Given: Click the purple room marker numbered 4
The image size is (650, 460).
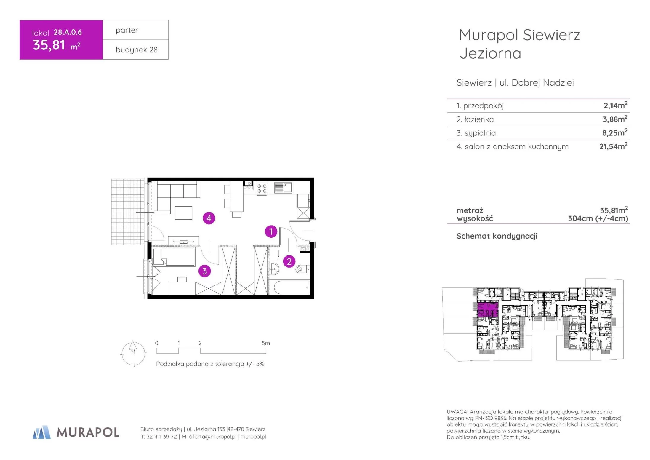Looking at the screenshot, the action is click(209, 218).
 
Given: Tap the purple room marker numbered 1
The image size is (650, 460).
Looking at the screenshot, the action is click(271, 231).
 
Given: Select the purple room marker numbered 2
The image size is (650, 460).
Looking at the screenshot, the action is click(289, 261).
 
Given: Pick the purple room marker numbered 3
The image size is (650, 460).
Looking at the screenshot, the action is click(204, 271).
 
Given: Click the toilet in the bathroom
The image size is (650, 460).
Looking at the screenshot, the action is click(302, 269).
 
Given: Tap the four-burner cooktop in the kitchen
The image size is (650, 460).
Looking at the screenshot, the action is click(262, 188).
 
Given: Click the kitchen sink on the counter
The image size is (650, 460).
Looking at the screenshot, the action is click(283, 187).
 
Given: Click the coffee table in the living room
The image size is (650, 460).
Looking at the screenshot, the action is click(183, 213).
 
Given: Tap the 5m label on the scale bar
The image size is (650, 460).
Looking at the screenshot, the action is click(266, 343).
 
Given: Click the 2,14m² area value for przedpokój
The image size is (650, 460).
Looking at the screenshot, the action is click(615, 105).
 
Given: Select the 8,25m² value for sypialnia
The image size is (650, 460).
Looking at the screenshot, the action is click(615, 132).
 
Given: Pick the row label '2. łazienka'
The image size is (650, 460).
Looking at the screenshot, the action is click(475, 119).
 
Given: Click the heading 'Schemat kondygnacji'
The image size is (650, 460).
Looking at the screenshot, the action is click(497, 236).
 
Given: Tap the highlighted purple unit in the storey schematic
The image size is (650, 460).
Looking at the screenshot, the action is click(487, 309).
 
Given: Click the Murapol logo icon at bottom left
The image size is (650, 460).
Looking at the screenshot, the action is click(41, 432).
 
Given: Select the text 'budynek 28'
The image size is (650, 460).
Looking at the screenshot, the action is click(137, 50).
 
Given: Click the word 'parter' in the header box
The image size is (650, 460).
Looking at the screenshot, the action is click(127, 30).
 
